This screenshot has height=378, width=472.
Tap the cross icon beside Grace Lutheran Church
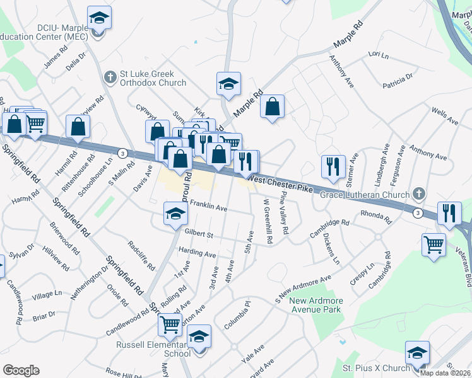click(x=416, y=194)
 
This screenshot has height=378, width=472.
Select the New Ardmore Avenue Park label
click(x=316, y=305)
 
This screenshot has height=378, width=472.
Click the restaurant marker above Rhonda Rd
click(x=449, y=213)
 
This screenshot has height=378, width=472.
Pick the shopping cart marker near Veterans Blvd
click(x=434, y=244)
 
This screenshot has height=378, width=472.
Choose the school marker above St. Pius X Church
click(x=416, y=353)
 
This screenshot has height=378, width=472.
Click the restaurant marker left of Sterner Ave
click(x=333, y=166)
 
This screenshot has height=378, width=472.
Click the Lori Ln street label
click(x=378, y=55)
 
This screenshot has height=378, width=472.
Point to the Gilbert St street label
click(x=199, y=234)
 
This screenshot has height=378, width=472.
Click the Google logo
click(x=21, y=370)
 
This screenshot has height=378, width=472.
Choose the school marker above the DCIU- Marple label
click(x=99, y=18)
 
